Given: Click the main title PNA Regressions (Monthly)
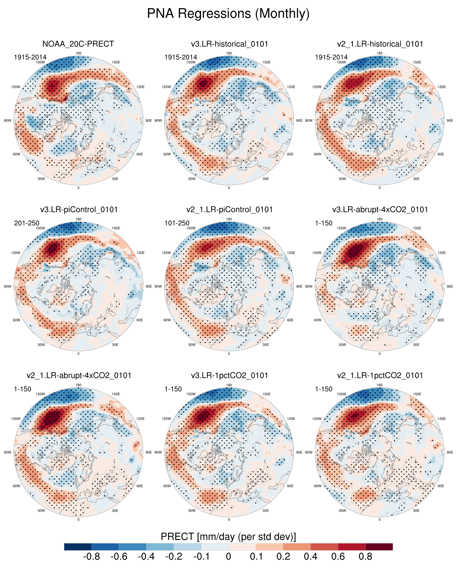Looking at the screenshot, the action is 228,14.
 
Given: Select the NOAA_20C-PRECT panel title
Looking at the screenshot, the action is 78,44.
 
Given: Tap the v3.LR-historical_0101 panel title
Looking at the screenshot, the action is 230,44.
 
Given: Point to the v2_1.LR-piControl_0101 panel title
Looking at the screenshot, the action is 230,210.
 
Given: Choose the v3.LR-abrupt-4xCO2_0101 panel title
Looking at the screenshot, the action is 380,210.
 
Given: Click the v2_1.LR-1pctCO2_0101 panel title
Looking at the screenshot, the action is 380,376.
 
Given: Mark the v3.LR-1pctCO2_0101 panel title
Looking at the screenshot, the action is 230,376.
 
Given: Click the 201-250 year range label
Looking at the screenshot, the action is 26,223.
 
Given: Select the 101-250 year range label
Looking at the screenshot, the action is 177,223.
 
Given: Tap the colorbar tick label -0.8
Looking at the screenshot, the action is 92,556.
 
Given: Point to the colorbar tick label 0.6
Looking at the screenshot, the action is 338,556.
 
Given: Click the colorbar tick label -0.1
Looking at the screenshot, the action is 201,556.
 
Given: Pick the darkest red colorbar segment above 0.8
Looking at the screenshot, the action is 379,547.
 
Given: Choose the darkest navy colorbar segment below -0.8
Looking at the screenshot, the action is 78,547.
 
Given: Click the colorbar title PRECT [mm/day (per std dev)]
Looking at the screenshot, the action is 228,537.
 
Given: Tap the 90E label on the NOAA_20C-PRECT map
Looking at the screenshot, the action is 148,120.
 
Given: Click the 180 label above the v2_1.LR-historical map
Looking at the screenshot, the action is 379,53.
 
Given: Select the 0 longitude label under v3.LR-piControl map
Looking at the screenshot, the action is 78,354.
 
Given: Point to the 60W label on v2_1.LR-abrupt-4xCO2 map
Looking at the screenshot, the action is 17,486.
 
